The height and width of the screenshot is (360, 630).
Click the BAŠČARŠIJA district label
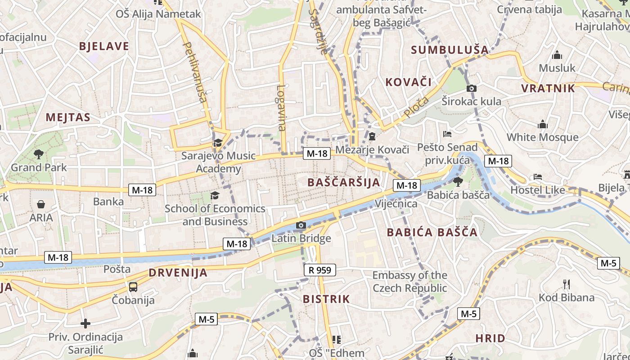coord(344,182)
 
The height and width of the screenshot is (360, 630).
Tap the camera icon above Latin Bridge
coord(301,225)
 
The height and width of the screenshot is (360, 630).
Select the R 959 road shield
coord(319,270)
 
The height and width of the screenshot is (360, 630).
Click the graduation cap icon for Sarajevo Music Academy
coord(218,143)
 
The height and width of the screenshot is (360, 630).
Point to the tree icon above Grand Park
coord(39,154)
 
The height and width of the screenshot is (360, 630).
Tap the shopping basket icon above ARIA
coord(41,205)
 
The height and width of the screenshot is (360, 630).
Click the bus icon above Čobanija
coord(133,287)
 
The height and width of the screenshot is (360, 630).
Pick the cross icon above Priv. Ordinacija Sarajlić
coord(85,324)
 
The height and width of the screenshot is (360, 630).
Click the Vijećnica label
coord(396,204)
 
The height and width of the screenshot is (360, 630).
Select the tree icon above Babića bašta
coord(458,182)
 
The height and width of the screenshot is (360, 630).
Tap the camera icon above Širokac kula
coord(471,88)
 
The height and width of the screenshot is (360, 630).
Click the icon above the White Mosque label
coord(543,124)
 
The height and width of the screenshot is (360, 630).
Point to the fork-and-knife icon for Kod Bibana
coord(567,284)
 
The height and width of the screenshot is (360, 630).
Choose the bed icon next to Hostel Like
coord(537,177)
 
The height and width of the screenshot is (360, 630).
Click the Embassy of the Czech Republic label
coord(409,282)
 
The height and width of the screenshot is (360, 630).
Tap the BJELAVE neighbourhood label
coord(104,46)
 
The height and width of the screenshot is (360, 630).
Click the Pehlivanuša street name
coord(194,72)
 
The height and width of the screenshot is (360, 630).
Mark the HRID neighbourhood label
coord(490,338)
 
